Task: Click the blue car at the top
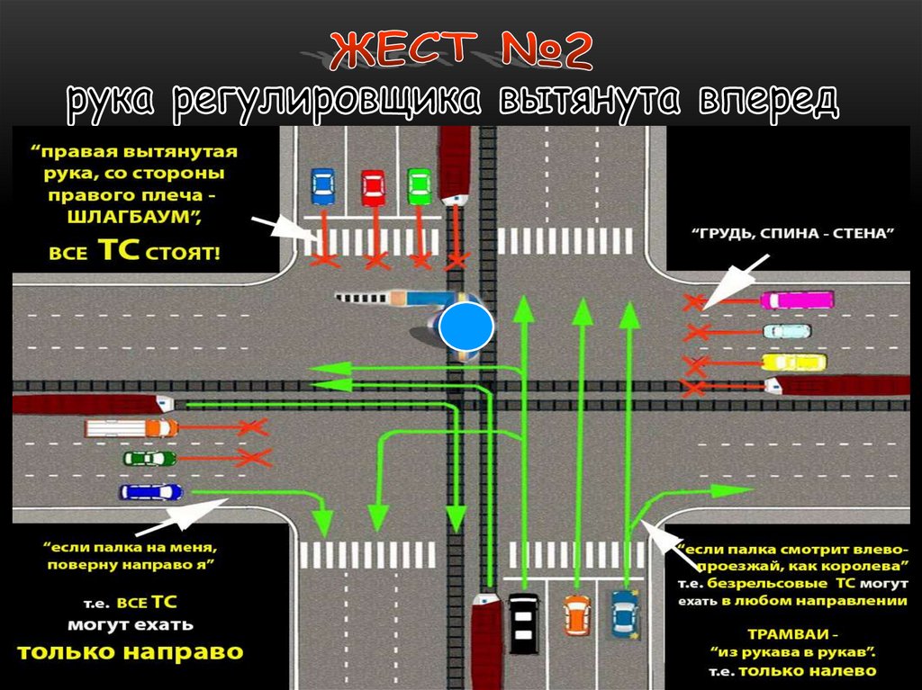[322, 185]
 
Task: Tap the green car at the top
[419, 185]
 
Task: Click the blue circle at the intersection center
[466, 327]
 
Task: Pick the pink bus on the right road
[797, 300]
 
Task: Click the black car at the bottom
[523, 623]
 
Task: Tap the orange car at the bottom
[575, 614]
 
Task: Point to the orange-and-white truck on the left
[131, 427]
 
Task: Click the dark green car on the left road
[149, 458]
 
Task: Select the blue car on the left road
[151, 491]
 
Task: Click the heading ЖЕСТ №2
[460, 51]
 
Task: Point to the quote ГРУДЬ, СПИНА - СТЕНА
[791, 234]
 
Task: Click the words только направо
[131, 652]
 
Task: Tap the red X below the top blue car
[324, 261]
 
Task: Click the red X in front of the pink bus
[694, 302]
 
